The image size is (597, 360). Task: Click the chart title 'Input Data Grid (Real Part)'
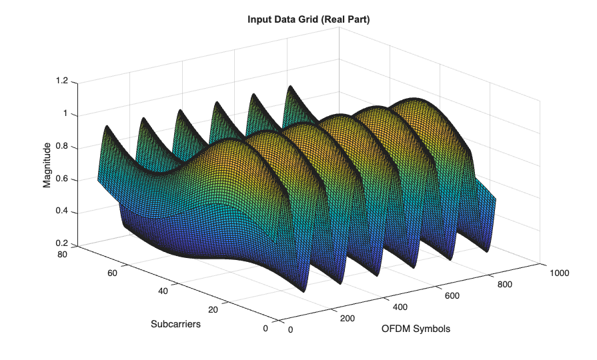pyautogui.click(x=308, y=20)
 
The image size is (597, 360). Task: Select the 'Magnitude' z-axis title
pyautogui.click(x=47, y=165)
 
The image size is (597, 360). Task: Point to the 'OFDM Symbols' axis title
pyautogui.click(x=416, y=329)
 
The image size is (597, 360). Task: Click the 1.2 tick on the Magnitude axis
pyautogui.click(x=62, y=81)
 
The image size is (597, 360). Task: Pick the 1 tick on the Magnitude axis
pyautogui.click(x=65, y=114)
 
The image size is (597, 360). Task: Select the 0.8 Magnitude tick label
pyautogui.click(x=62, y=147)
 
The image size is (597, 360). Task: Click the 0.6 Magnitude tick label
pyautogui.click(x=62, y=179)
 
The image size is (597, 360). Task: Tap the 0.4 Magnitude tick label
pyautogui.click(x=62, y=212)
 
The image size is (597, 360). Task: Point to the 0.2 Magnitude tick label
pyautogui.click(x=62, y=244)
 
